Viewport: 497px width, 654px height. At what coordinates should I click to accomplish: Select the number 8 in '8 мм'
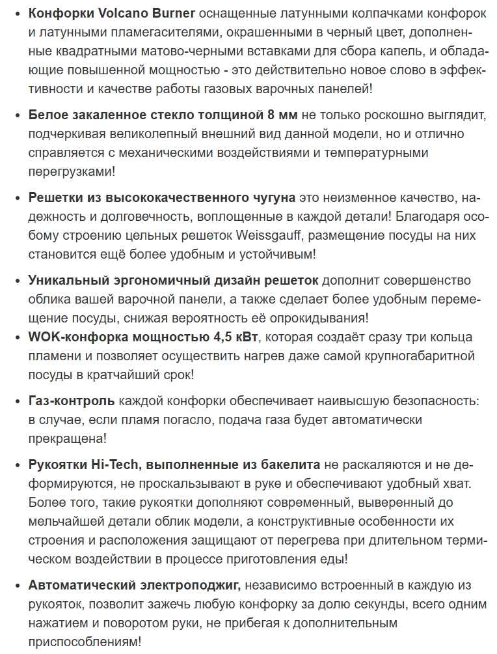271,115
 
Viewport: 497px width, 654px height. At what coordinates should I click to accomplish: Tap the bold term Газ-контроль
72,400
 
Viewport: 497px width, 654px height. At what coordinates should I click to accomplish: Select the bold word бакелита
291,464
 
